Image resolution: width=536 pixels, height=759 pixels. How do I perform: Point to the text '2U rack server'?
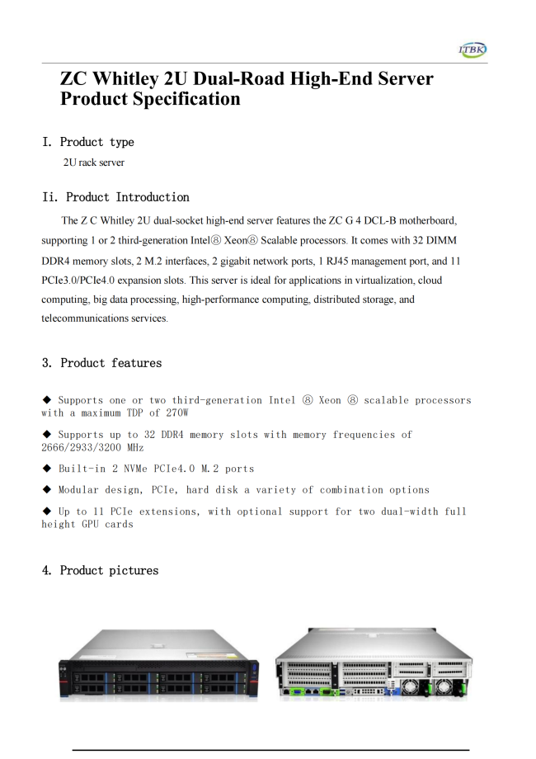[94, 163]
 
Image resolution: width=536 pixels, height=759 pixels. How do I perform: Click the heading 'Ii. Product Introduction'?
[115, 197]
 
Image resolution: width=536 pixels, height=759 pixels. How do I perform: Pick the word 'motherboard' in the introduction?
[427, 221]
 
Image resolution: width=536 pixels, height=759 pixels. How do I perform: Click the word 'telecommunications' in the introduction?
[83, 318]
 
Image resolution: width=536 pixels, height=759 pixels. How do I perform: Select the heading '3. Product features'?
[101, 363]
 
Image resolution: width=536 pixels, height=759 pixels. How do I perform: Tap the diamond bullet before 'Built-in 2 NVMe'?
[47, 468]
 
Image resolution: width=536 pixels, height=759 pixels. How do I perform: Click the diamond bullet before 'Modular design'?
[47, 489]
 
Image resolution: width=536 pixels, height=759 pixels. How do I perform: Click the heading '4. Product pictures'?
[100, 570]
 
